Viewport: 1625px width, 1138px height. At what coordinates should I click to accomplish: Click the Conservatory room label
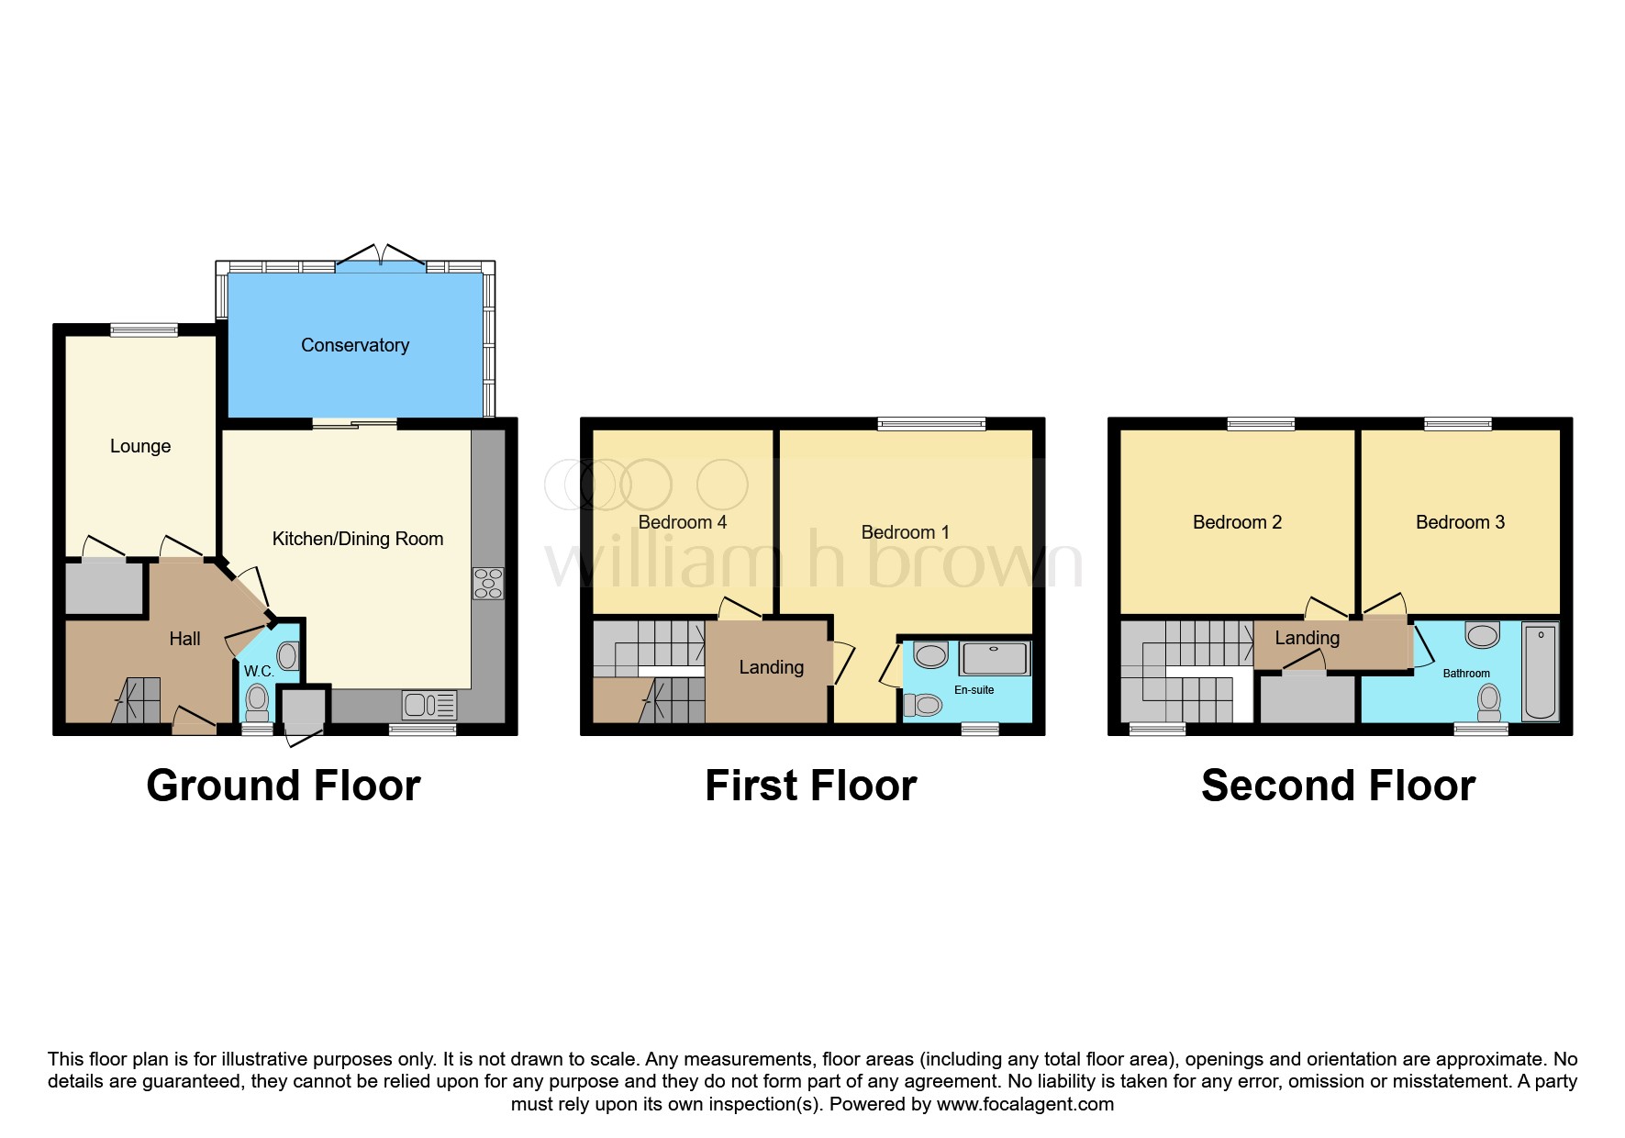pos(355,346)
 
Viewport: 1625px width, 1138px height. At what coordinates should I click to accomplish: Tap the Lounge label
pos(140,446)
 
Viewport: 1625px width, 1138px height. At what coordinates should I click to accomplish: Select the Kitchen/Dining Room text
pos(358,539)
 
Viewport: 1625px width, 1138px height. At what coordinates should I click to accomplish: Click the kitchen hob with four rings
pos(488,584)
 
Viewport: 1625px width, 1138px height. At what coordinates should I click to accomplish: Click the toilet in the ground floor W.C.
pos(258,702)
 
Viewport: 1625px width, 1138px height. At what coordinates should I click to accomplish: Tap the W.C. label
pos(259,672)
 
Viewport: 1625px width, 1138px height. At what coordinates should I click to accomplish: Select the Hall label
pos(184,639)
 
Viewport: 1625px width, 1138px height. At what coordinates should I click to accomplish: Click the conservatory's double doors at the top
pos(381,257)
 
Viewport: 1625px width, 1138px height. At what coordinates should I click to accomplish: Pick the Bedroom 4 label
pos(682,522)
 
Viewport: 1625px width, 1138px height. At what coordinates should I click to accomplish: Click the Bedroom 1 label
pos(905,532)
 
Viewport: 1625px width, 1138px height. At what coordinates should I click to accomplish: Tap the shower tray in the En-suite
pos(995,658)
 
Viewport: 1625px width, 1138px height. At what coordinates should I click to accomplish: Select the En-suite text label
pos(974,690)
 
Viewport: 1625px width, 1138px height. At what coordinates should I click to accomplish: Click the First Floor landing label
pos(771,667)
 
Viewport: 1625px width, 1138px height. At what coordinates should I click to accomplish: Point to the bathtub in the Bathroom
pos(1540,671)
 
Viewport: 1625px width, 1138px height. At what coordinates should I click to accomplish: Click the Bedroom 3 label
pos(1460,522)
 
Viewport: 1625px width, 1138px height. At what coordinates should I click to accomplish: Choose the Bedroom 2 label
pos(1237,522)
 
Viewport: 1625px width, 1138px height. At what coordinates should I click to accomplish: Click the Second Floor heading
pos(1338,787)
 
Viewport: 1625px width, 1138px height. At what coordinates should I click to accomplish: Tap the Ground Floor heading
pos(284,787)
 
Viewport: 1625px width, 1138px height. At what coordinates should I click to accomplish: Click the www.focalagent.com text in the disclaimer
pos(1025,1104)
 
